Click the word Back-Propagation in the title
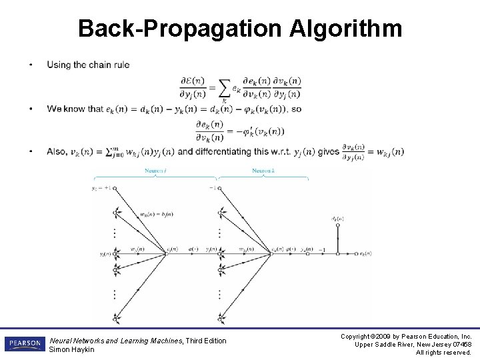(x=181, y=29)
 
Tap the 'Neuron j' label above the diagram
(x=155, y=171)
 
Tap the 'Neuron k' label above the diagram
(x=262, y=171)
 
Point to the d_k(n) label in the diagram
(x=337, y=218)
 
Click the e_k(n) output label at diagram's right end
(x=365, y=254)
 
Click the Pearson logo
(x=24, y=344)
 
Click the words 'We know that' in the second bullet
(x=66, y=109)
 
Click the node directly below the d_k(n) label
(x=337, y=225)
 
